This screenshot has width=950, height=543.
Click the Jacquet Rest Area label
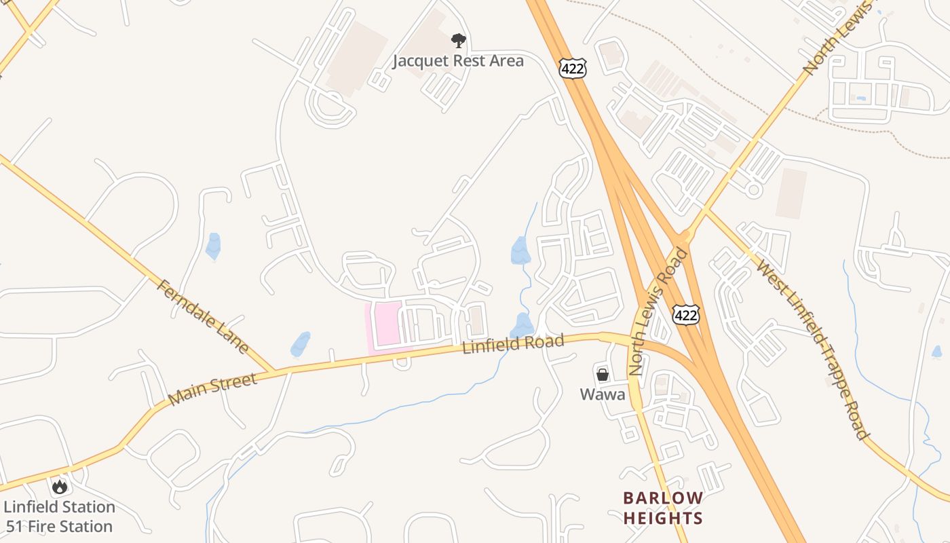459,61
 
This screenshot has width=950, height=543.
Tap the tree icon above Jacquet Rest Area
459,41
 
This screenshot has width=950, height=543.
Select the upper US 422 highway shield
573,67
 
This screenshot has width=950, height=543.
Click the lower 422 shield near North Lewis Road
686,314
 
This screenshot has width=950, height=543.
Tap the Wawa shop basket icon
602,374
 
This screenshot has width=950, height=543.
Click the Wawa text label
602,394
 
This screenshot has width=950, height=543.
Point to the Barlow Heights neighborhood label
662,508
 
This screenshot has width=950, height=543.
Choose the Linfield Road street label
513,344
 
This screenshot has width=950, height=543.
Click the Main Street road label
212,389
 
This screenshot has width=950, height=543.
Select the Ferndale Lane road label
203,316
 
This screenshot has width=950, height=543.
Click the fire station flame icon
60,487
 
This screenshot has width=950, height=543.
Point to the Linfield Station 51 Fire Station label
59,517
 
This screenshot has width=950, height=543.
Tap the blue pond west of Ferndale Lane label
214,246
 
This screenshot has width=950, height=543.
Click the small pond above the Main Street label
301,344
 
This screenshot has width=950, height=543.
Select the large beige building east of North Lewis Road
791,193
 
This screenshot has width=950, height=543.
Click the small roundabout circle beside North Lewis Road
753,190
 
